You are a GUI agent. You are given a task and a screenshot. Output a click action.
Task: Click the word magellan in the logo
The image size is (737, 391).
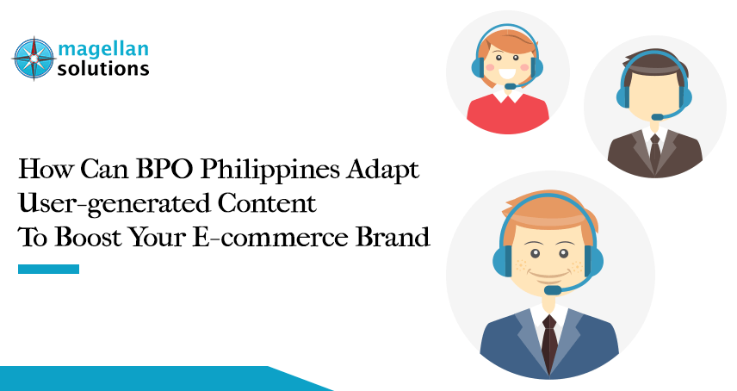coord(102,49)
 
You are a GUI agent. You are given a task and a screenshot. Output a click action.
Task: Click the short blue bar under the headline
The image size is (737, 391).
coord(48,269)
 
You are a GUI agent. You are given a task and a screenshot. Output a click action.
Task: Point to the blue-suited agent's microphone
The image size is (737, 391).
coord(553,290)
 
